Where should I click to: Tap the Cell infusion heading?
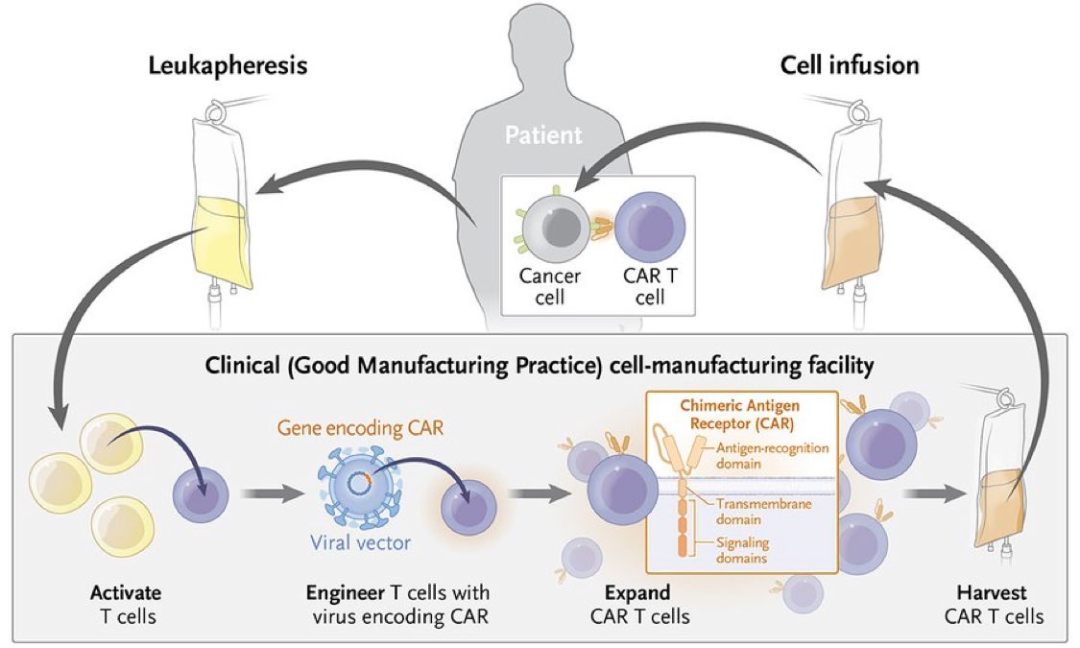851,65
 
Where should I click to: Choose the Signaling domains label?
744,549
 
